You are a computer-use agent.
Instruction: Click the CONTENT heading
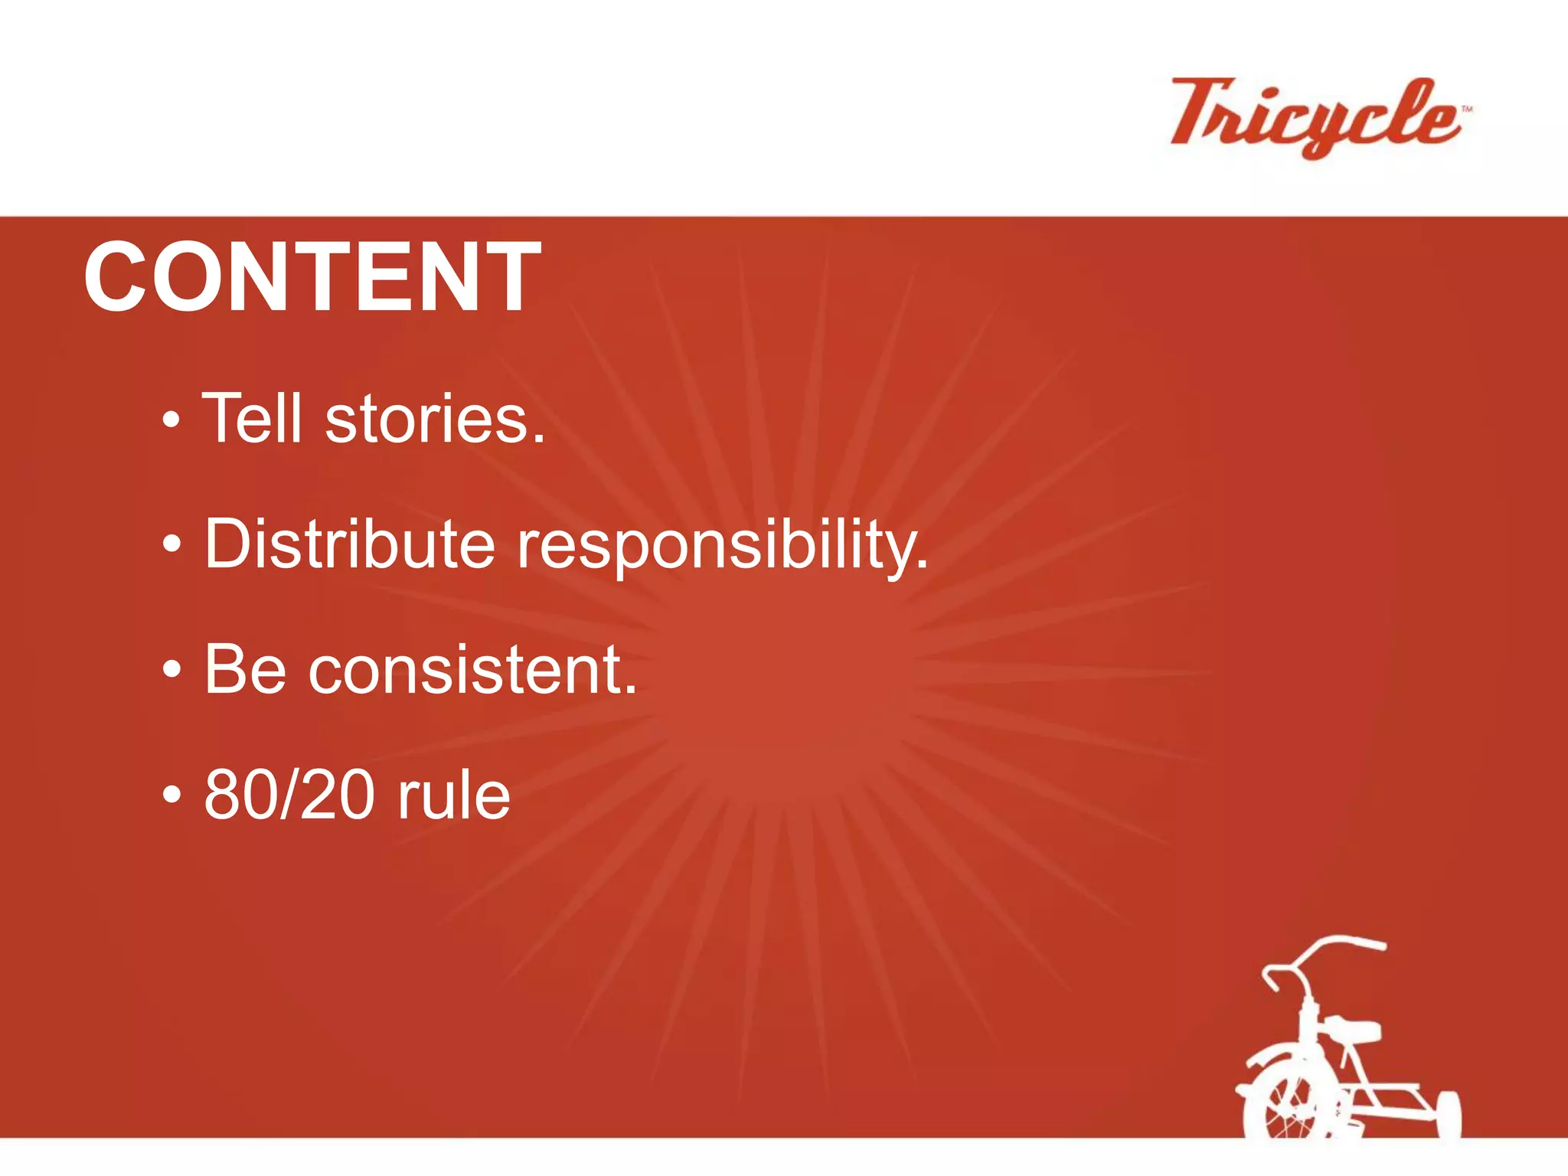point(312,276)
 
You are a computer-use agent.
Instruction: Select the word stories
point(435,420)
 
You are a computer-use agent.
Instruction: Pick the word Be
point(245,669)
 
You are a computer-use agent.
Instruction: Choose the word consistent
point(472,671)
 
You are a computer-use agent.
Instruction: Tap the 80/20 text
point(289,795)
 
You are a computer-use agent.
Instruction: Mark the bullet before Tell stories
point(172,420)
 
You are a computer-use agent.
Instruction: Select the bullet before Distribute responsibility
point(172,545)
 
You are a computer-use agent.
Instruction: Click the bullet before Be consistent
point(172,670)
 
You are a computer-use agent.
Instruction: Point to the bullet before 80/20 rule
point(172,795)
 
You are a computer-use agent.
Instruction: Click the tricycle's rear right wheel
point(1449,1115)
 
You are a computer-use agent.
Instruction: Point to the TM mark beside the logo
point(1466,109)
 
